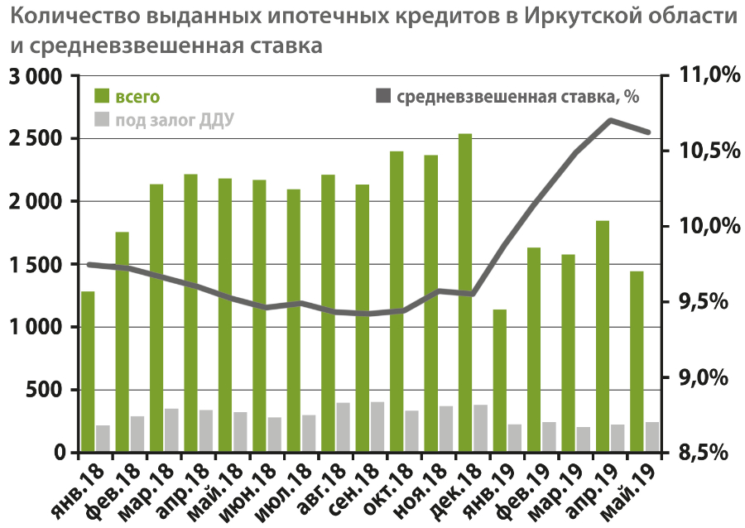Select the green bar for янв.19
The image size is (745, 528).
coord(499,381)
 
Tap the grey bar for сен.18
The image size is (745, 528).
coord(377,427)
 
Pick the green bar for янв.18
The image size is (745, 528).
coord(88,372)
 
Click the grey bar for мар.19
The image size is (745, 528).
coord(584,439)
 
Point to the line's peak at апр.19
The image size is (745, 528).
coord(610,120)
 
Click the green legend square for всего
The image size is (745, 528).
coord(102,96)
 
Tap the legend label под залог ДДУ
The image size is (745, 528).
coord(174,121)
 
